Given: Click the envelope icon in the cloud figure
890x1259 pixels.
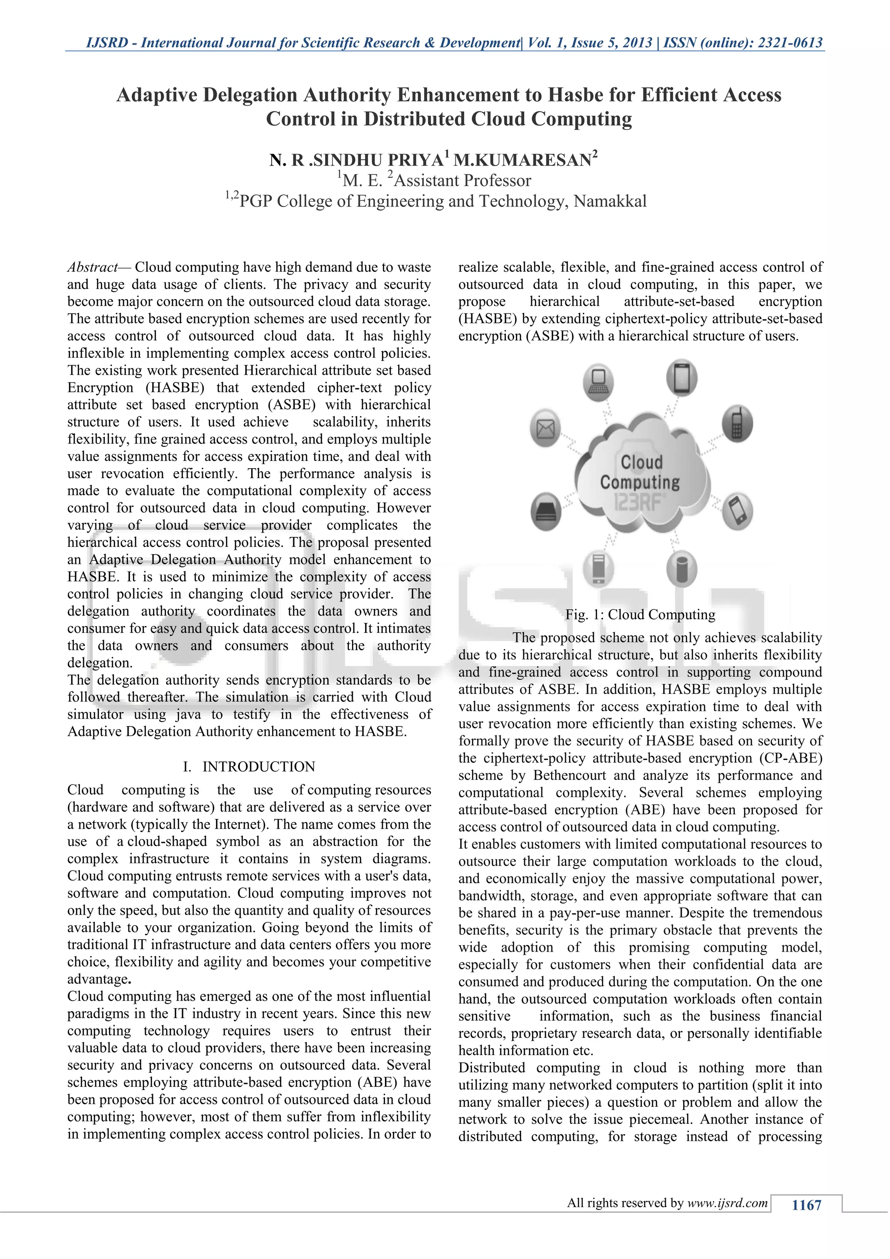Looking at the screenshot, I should click(x=545, y=428).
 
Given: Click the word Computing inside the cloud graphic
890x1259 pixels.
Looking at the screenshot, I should click(x=640, y=483).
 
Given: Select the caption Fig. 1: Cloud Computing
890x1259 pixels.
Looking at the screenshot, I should click(x=640, y=615).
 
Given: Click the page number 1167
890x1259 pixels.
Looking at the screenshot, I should click(x=806, y=1205).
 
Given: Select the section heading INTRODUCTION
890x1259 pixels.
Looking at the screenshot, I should click(x=259, y=766).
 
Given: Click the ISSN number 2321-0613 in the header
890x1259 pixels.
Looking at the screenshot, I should click(x=790, y=43).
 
